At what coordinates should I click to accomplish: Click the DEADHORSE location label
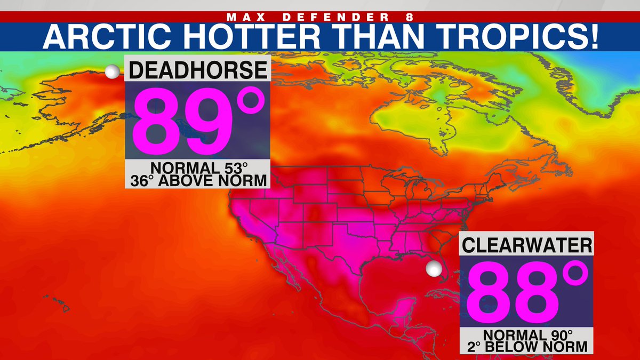tap(197, 71)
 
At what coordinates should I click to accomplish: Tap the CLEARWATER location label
tap(526, 245)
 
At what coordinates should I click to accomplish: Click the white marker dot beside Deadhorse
tap(113, 72)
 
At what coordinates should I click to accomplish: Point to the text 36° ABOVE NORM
tap(197, 181)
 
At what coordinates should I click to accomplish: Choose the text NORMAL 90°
tap(526, 335)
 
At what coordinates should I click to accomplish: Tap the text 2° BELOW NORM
tap(526, 347)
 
